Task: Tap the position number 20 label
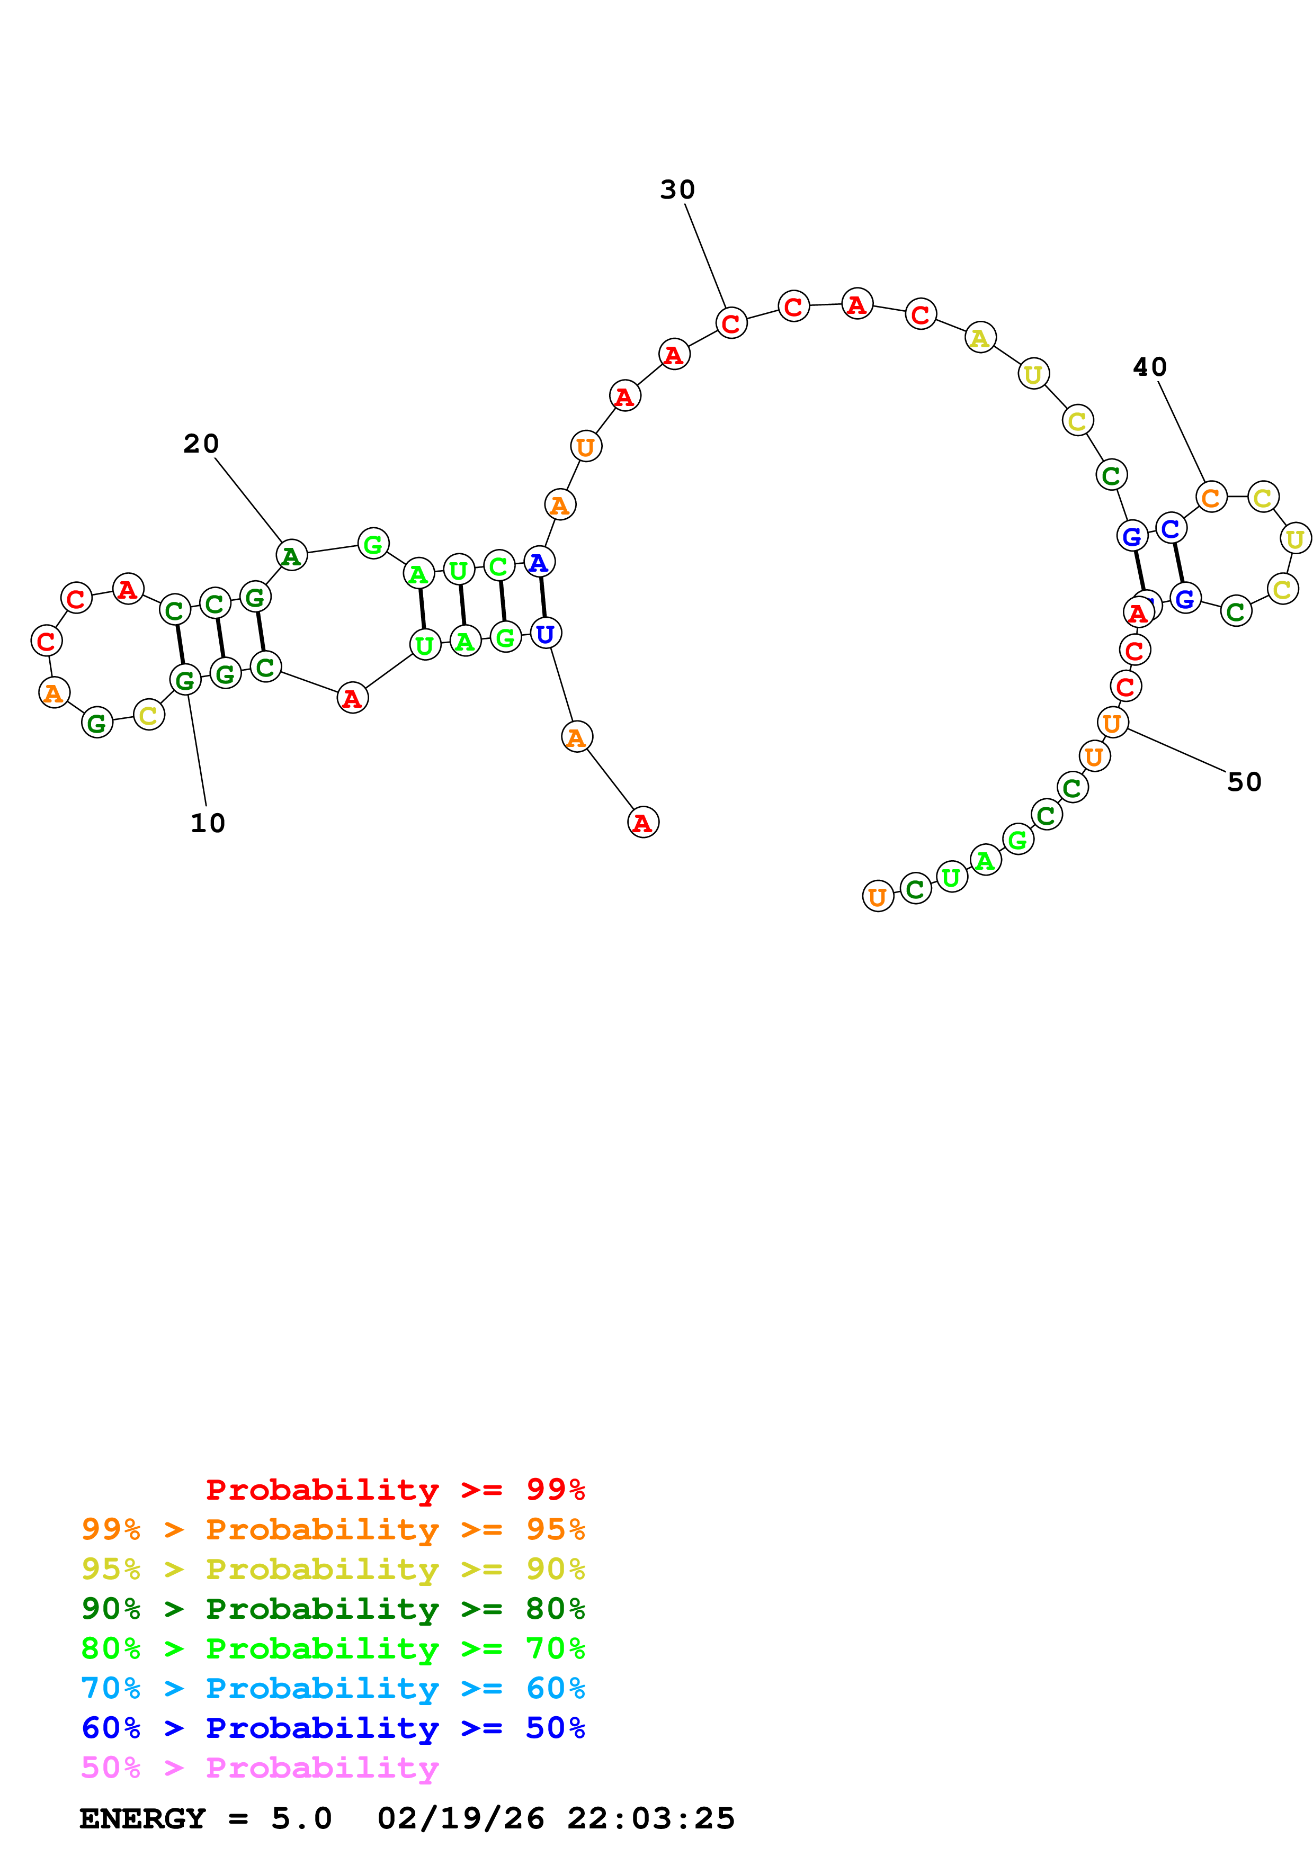(201, 444)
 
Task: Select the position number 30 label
(677, 190)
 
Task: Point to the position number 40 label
(1149, 368)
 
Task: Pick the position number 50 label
(1244, 782)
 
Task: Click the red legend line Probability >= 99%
(395, 1490)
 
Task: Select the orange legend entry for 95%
(333, 1529)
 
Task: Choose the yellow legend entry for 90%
(333, 1569)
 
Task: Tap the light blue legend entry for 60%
(333, 1688)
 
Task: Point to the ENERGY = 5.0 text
(206, 1818)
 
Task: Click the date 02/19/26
(460, 1818)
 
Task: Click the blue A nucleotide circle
(539, 563)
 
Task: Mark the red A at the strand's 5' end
(643, 823)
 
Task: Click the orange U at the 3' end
(878, 896)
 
